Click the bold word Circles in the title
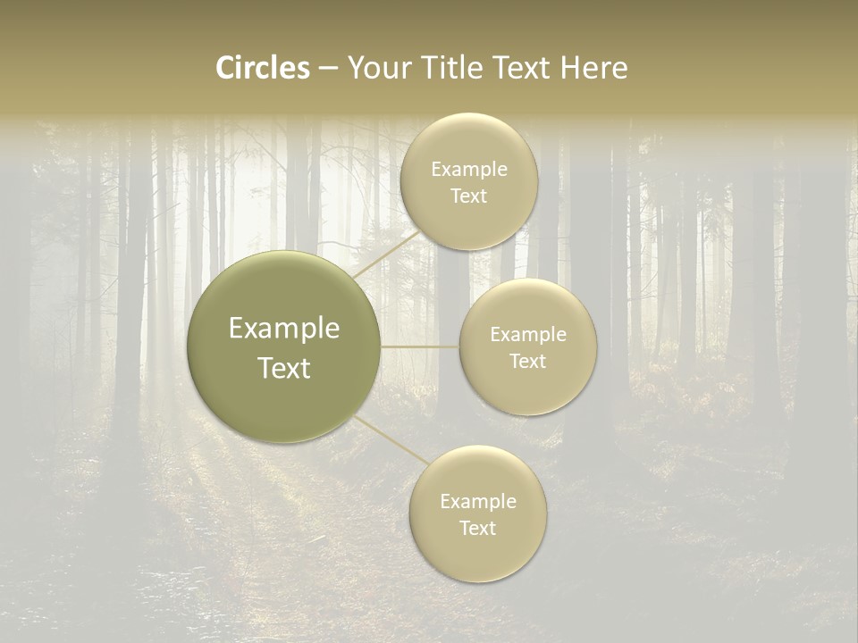262,68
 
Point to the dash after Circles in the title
328,69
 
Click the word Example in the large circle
284,329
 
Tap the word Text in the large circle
284,368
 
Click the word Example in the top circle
469,170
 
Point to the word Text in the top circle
468,196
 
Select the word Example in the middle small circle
528,335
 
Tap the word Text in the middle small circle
528,361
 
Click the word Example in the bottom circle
478,502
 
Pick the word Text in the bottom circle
477,528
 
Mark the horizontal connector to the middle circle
420,347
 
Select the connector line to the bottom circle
391,440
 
